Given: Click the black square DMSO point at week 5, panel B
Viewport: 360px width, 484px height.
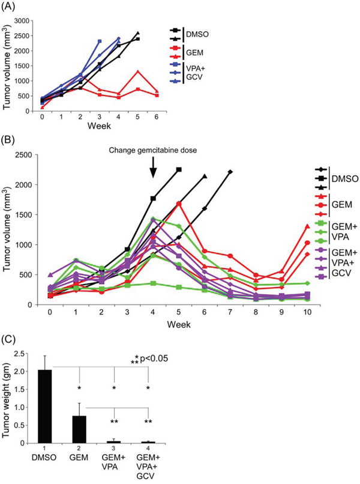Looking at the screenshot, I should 179,169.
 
